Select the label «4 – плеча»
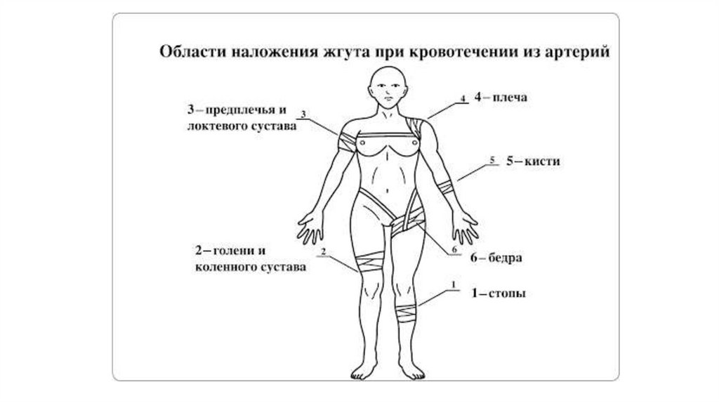500,99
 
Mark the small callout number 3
303,113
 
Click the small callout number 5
492,160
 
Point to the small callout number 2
323,251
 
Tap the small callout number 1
454,285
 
